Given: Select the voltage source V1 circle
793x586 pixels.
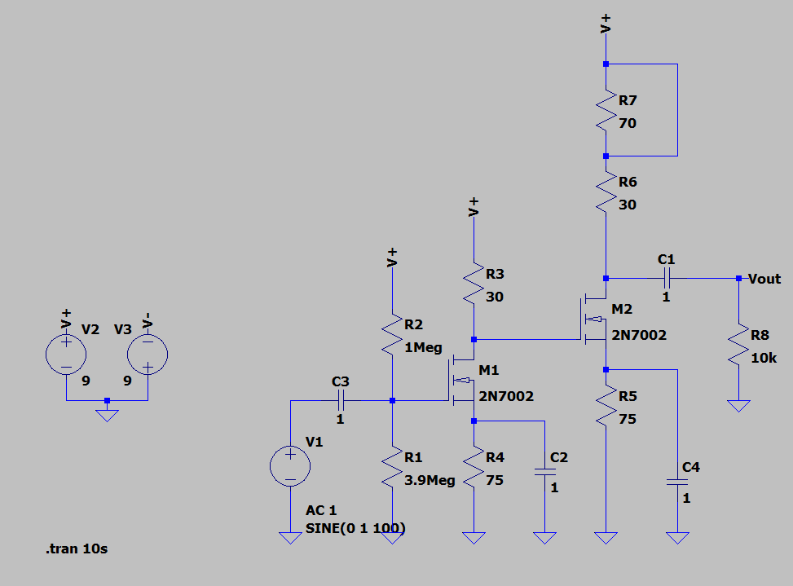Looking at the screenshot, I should coord(290,466).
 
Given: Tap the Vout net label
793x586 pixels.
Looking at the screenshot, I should coord(764,279).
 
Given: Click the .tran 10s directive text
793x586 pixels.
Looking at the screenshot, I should coord(76,549).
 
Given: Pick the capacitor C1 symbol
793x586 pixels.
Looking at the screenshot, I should coord(666,278).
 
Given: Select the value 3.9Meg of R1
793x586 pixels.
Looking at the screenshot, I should coord(430,480).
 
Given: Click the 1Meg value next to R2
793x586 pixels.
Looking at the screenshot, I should coord(423,347).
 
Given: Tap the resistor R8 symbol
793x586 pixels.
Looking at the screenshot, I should coord(738,346).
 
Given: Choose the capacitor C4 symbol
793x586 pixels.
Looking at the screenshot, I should coord(676,482).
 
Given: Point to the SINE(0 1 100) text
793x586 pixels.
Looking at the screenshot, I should coord(355,528).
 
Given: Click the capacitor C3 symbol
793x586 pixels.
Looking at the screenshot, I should coord(340,400).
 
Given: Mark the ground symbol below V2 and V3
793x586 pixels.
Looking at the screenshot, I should coord(107,413).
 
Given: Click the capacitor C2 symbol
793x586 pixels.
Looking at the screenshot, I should coord(543,471).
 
